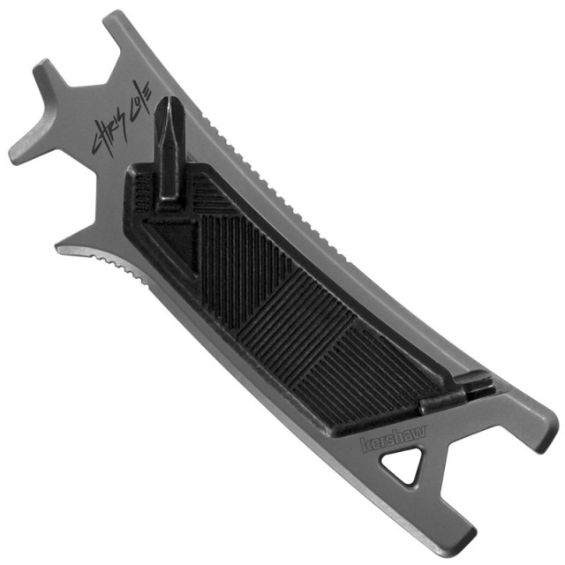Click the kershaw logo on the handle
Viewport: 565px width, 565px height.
tap(393, 439)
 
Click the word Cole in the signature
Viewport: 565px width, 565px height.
tap(141, 99)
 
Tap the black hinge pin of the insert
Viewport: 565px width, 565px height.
tap(456, 393)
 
